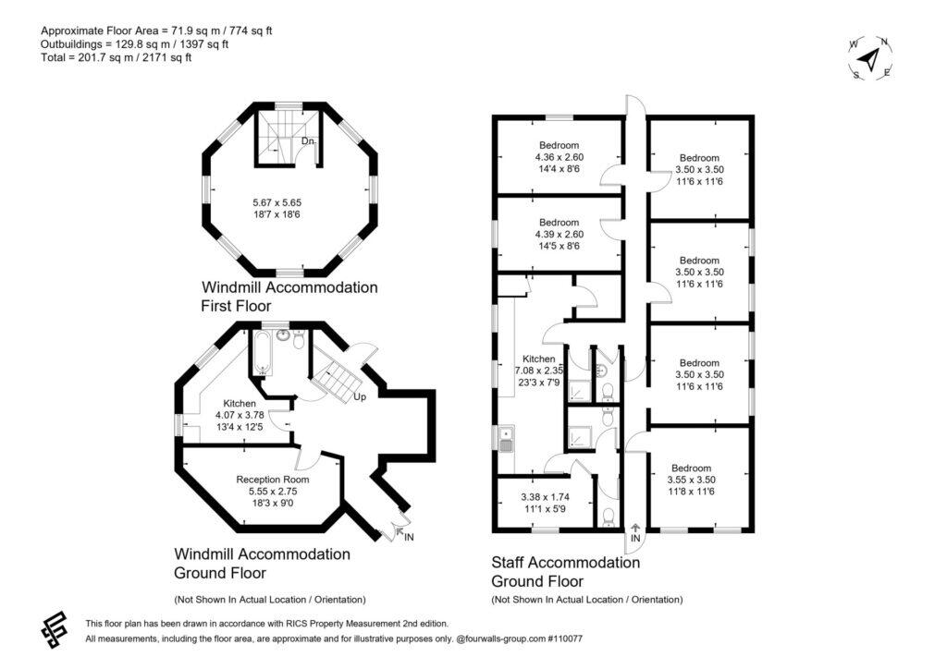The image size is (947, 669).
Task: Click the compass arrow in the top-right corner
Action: point(869,58)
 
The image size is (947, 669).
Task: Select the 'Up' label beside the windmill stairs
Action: point(360,397)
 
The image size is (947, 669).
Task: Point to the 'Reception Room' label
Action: point(273,480)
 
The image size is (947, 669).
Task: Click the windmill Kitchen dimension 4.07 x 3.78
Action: point(240,415)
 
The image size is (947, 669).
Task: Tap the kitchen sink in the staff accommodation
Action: point(506,440)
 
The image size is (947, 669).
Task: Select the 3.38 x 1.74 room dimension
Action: point(546,497)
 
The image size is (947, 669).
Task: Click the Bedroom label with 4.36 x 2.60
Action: point(560,145)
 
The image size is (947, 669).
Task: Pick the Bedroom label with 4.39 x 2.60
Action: point(560,223)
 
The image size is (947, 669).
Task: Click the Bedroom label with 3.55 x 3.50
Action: point(692,468)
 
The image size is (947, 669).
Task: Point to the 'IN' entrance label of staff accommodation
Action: point(635,538)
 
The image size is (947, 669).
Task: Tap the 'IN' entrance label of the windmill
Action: point(409,537)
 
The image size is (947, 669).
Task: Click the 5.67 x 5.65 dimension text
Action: point(277,202)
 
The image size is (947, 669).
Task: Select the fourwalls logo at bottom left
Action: point(54,630)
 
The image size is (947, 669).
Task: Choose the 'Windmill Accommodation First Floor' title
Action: point(289,297)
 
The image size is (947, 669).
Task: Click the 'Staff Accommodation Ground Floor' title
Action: point(566,572)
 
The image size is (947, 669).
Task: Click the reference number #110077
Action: point(565,639)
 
